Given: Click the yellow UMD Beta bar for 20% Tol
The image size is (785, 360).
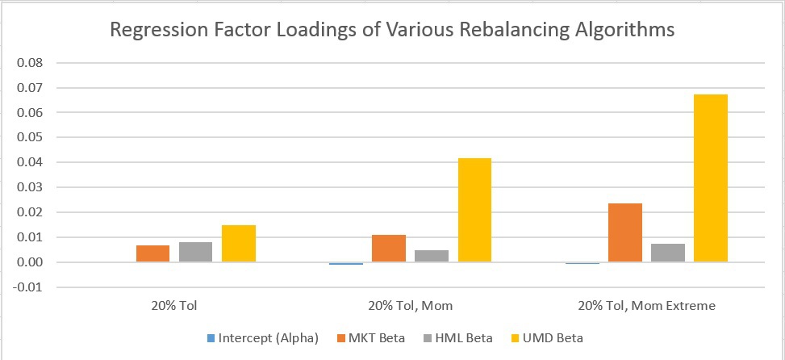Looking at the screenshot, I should point(238,243).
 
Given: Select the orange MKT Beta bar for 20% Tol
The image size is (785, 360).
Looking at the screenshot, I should point(152,253).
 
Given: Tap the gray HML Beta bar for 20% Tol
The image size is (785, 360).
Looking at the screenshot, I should point(195,252).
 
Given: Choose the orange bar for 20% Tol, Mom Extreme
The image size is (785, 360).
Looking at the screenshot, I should point(624,232).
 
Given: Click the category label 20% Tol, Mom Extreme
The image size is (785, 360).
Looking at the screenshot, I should point(646,307).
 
